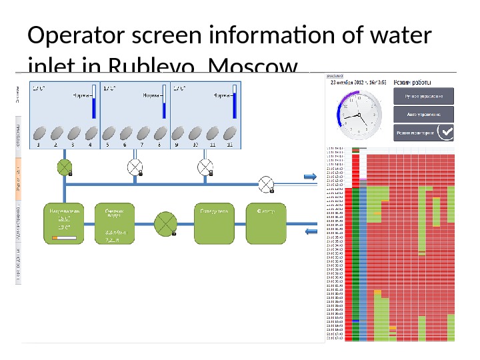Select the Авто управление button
pos(423,114)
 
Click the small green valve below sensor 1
pos(65,167)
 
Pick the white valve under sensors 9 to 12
pos(205,166)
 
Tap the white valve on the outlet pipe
pos(267,183)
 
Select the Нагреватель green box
pos(65,223)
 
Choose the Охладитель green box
pos(214,223)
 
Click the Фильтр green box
pos(266,223)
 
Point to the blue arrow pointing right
pos(310,177)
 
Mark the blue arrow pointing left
pos(311,231)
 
